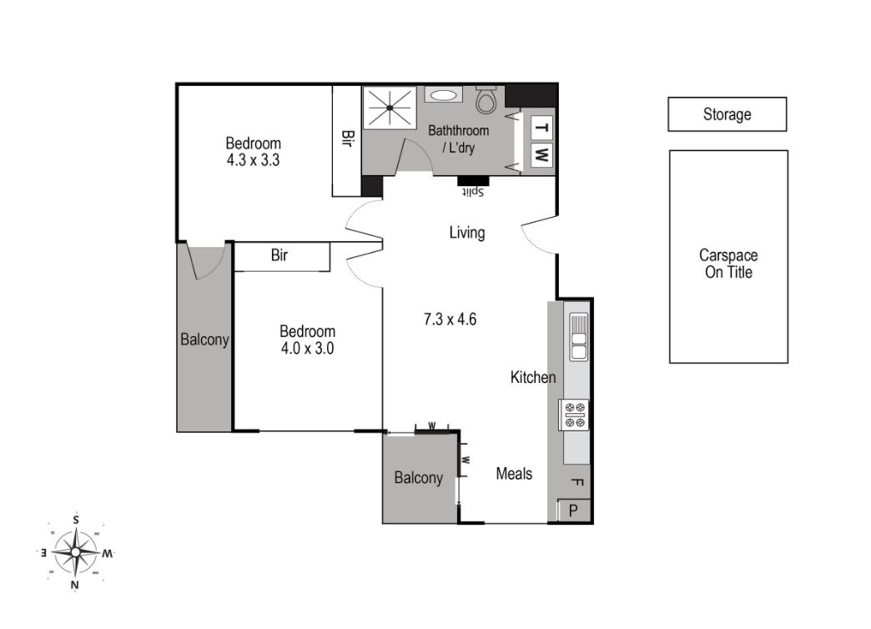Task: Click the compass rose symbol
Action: pyautogui.click(x=76, y=551)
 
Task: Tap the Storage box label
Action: pyautogui.click(x=727, y=114)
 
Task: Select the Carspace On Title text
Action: pyautogui.click(x=728, y=264)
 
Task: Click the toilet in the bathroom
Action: pyautogui.click(x=486, y=101)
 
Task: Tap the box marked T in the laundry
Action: pyautogui.click(x=541, y=128)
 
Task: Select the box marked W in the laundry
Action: pyautogui.click(x=541, y=155)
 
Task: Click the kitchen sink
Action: pyautogui.click(x=577, y=337)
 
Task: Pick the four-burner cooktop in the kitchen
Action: pyautogui.click(x=575, y=415)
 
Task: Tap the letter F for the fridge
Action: pyautogui.click(x=576, y=482)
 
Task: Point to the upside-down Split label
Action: pyautogui.click(x=474, y=191)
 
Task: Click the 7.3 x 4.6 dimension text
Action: pyautogui.click(x=450, y=319)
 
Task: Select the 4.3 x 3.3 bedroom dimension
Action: pyautogui.click(x=253, y=159)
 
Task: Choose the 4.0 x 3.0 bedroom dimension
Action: pyautogui.click(x=307, y=349)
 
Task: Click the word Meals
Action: pyautogui.click(x=514, y=474)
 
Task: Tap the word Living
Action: pyautogui.click(x=467, y=233)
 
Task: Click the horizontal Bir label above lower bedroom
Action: pyautogui.click(x=279, y=256)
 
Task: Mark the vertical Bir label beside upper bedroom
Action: pyautogui.click(x=346, y=138)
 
